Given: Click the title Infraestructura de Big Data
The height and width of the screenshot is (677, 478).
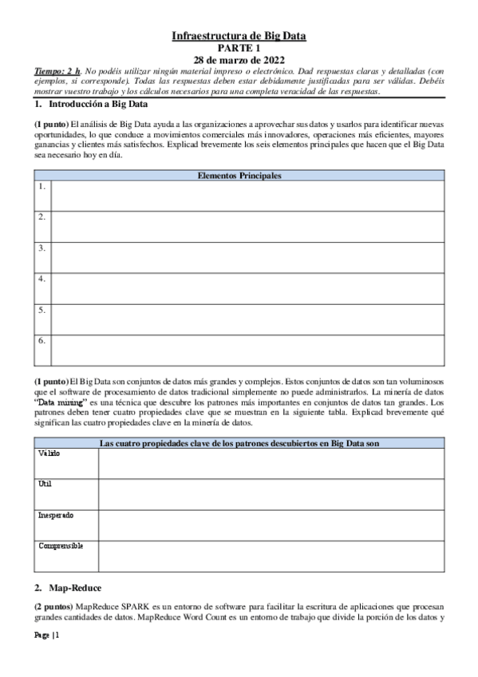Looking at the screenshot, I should pos(239,36).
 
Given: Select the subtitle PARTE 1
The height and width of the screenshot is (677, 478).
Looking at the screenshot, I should pos(239,48).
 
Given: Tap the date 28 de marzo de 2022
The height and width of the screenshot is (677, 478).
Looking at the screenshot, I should pos(239,60).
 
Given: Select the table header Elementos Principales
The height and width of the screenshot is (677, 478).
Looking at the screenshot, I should pos(239,176).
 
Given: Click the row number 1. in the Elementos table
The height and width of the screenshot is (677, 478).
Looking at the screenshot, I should pos(41,187).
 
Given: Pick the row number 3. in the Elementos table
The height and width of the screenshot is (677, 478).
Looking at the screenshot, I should pos(41,247).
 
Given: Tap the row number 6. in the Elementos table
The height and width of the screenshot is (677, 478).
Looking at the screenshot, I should pos(41,340).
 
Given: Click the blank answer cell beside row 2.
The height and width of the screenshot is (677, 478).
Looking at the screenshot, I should pos(247,226).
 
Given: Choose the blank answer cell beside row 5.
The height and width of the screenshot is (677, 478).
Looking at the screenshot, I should pos(247,319).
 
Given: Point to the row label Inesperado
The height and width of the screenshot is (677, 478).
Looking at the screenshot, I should pos(56,516).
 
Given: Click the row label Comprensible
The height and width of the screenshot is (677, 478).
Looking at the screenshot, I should pos(61,546).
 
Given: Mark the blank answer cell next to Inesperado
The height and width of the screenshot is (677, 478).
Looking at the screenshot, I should pos(271,525).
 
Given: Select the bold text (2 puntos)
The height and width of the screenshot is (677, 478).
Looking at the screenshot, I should pos(53,608).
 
